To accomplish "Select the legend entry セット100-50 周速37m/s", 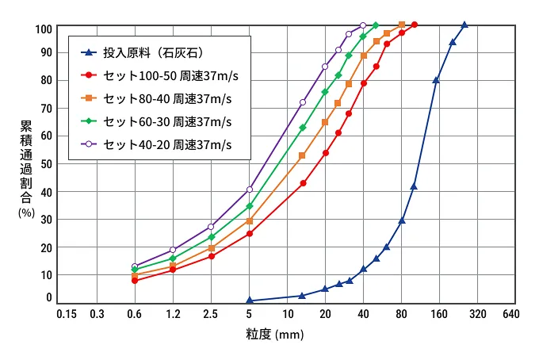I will click(167, 76).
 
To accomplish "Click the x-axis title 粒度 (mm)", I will click(273, 335).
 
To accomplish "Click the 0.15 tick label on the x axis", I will click(66, 314).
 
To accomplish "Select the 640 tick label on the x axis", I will click(510, 314).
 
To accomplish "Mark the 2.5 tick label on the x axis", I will click(211, 314).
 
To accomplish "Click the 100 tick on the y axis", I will click(44, 29).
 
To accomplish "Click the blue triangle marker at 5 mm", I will click(250, 301).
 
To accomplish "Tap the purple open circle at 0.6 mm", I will click(135, 266).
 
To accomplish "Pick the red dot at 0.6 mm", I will click(135, 281).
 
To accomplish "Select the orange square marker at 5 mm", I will click(250, 220).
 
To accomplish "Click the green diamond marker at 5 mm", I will click(250, 206).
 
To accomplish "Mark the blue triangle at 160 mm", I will click(436, 80).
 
